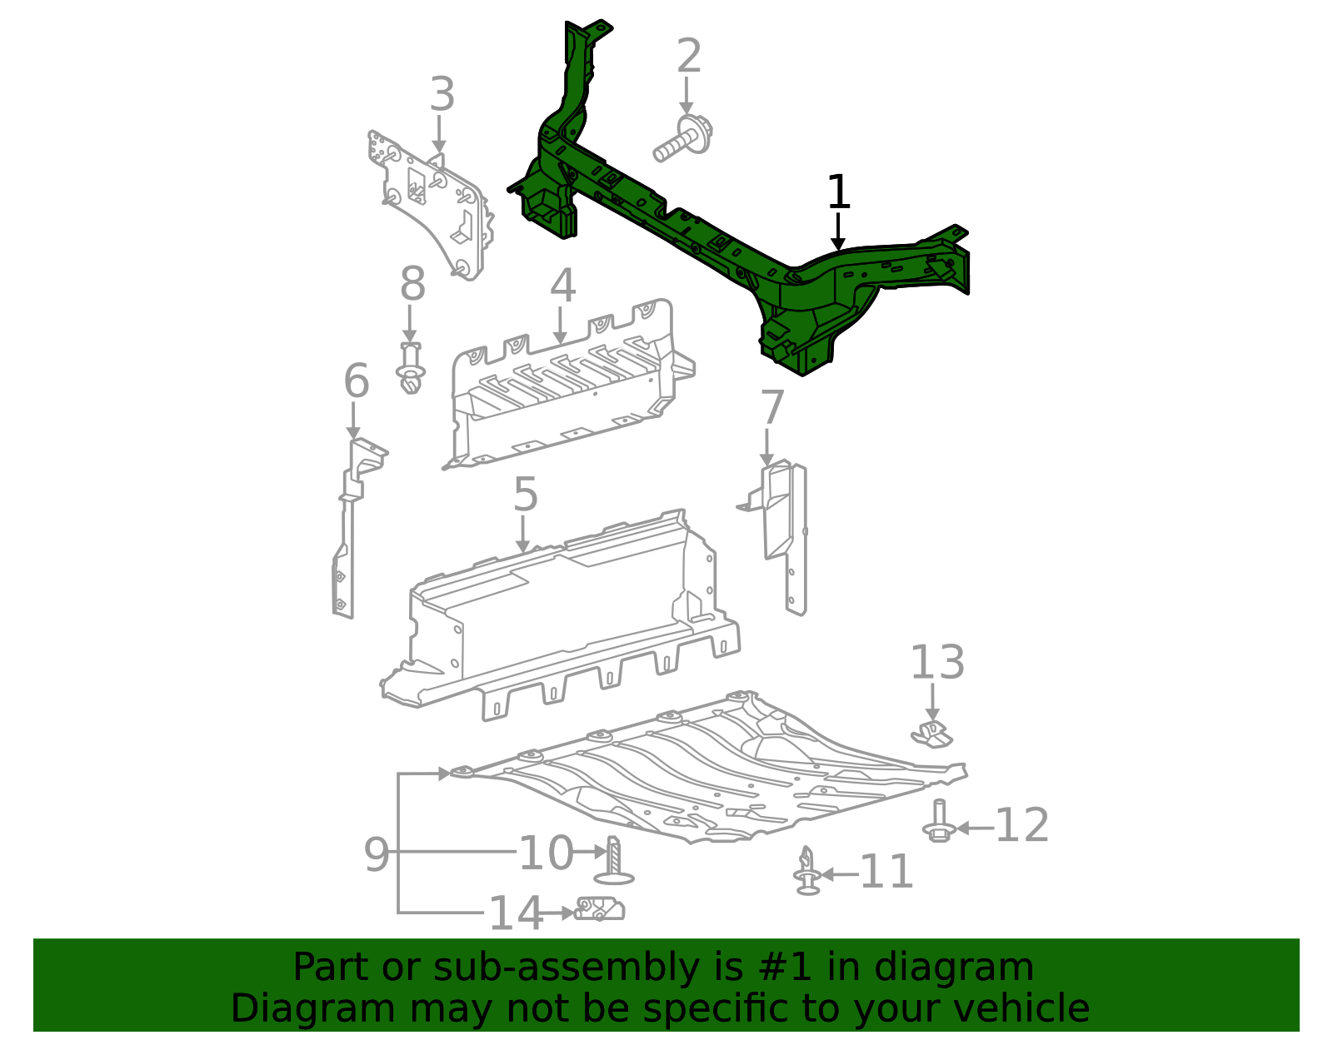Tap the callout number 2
tap(688, 57)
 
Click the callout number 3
tap(442, 95)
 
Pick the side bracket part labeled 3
tap(433, 208)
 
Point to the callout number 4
tap(562, 286)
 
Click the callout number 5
tap(525, 495)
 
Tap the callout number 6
tap(356, 381)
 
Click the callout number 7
tap(772, 408)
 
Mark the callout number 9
tap(377, 854)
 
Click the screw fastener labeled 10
tap(614, 862)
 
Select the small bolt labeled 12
tap(939, 822)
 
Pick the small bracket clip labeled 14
tap(600, 908)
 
